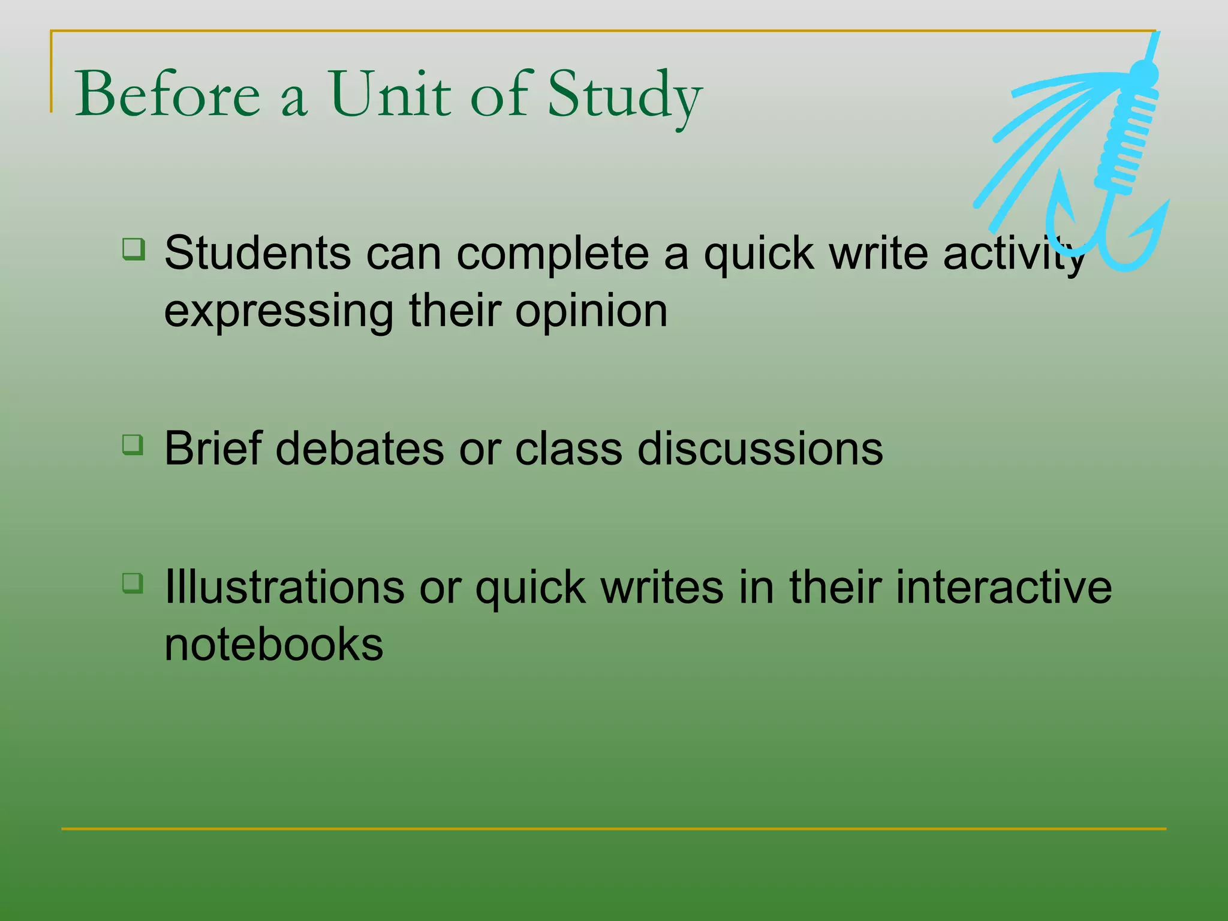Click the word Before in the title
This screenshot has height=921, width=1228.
(167, 95)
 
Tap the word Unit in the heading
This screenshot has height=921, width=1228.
(389, 95)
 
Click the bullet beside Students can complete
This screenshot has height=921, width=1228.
(133, 249)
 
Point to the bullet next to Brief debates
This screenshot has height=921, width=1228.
(133, 445)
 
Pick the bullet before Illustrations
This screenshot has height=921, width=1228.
(133, 583)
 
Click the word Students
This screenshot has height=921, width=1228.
(257, 253)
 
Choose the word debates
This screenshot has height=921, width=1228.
(360, 449)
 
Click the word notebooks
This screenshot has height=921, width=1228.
(273, 645)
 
